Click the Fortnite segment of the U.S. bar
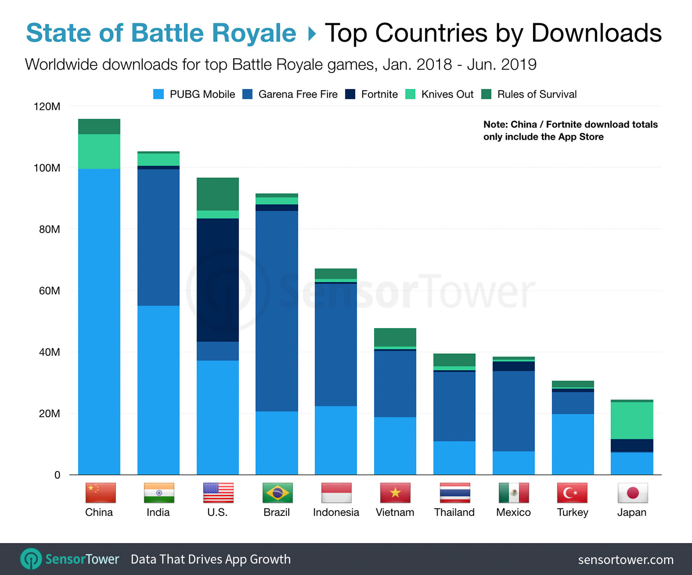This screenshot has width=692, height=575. [218, 280]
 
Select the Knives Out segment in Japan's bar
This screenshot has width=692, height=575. [632, 420]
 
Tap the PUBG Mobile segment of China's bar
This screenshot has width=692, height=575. [99, 322]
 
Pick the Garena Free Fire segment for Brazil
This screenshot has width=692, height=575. [277, 311]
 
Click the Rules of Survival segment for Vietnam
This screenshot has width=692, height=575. [395, 337]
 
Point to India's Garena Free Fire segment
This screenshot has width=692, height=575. [158, 237]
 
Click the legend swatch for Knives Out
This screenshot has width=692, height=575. [410, 94]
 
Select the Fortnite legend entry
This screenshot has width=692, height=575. [379, 94]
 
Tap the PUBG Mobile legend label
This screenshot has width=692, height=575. [202, 94]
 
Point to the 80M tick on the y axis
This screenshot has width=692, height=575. [50, 229]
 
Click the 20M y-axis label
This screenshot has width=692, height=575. [50, 414]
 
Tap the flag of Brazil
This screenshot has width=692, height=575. [277, 493]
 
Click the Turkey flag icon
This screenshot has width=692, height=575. [572, 493]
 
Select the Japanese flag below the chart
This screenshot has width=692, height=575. [632, 493]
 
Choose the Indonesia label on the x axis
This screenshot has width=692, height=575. [336, 513]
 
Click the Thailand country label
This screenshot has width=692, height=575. [454, 513]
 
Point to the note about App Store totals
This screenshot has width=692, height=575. [570, 131]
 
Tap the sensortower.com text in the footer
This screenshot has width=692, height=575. [626, 560]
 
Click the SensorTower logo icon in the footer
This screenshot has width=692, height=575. [31, 559]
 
